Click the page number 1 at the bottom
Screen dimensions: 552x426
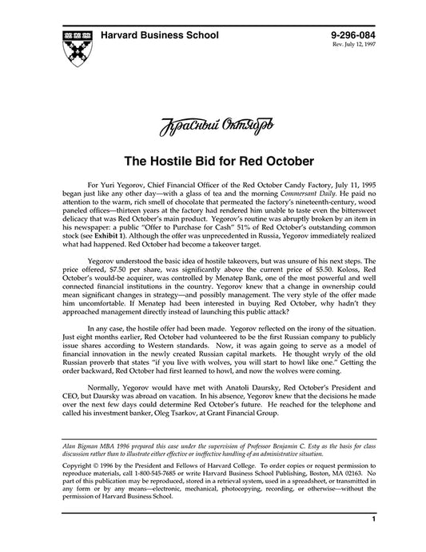coord(373,542)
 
